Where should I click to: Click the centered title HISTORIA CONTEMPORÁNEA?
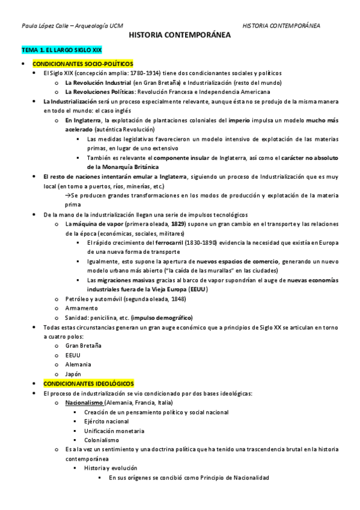click(180, 36)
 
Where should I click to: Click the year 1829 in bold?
click(161, 224)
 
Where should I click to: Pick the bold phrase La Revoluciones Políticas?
click(100, 92)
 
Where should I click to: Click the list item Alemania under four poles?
click(78, 364)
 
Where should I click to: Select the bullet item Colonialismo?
click(102, 440)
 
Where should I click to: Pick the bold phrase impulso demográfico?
click(162, 317)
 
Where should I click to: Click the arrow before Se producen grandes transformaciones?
click(68, 196)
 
